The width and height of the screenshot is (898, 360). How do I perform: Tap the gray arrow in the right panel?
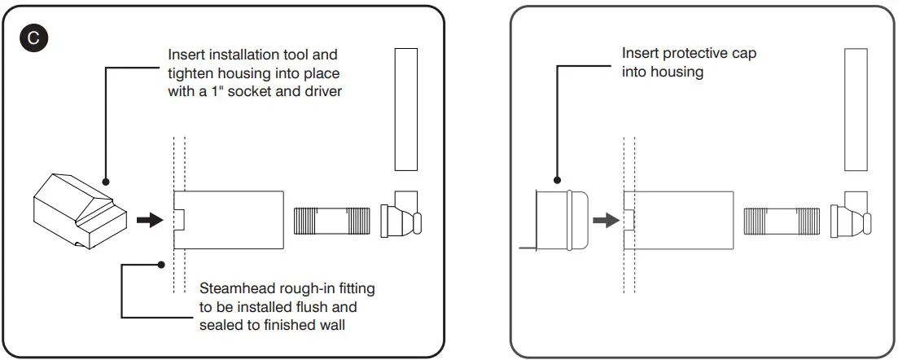tap(604, 220)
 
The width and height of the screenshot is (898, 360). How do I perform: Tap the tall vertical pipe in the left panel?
tap(405, 109)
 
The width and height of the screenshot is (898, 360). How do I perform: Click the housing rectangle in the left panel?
tap(232, 221)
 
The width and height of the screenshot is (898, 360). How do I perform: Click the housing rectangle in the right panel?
tap(682, 221)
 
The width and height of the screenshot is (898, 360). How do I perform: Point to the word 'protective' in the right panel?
tap(690, 54)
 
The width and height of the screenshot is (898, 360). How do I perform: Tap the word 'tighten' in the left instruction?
tap(189, 73)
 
